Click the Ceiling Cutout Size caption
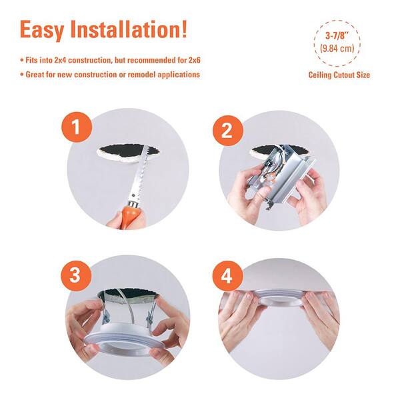(339, 75)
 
